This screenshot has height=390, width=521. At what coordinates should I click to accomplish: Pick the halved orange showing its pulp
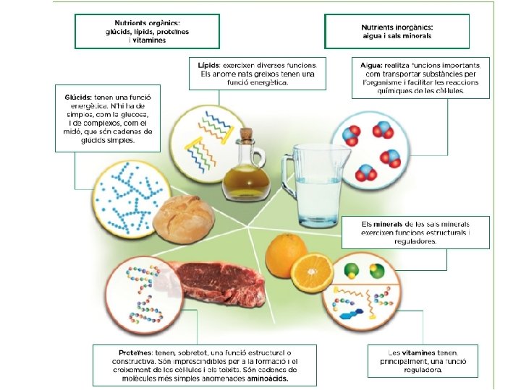pos(312,272)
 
